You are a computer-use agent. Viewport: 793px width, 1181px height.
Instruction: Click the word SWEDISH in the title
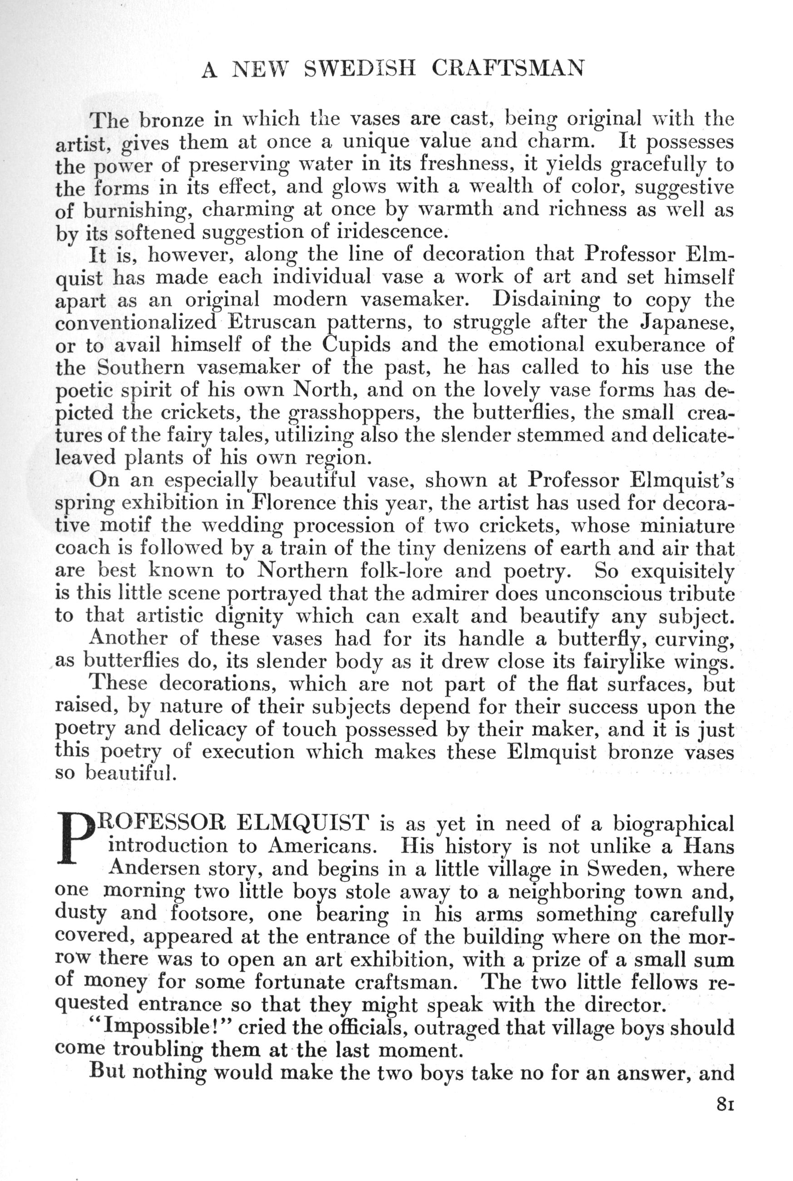coord(360,68)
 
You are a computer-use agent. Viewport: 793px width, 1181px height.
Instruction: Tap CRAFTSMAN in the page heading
coord(508,68)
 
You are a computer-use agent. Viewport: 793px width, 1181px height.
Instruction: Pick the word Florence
coord(293,503)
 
